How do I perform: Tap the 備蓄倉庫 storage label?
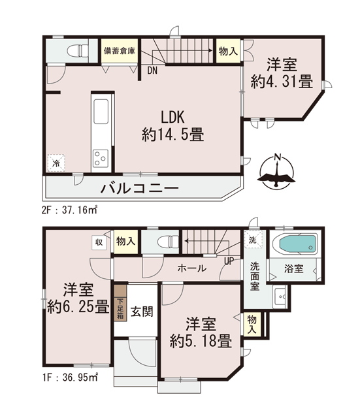[x=120, y=51]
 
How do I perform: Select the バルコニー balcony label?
[x=139, y=189]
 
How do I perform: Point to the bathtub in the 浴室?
[x=298, y=244]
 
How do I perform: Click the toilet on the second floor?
[x=77, y=50]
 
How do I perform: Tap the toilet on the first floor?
[x=168, y=242]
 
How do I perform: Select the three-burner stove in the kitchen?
[x=101, y=157]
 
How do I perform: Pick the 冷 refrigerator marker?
[x=56, y=163]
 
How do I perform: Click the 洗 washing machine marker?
[x=253, y=239]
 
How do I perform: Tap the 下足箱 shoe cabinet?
[x=120, y=303]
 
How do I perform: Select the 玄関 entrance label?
[x=142, y=312]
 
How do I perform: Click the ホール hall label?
[x=192, y=268]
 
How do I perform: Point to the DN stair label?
[x=152, y=71]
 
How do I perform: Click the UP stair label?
[x=229, y=261]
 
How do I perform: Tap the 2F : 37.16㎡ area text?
[x=70, y=210]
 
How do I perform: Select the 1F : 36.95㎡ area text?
[x=70, y=378]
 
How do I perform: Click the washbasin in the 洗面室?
[x=279, y=296]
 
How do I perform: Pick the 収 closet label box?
[x=99, y=242]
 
